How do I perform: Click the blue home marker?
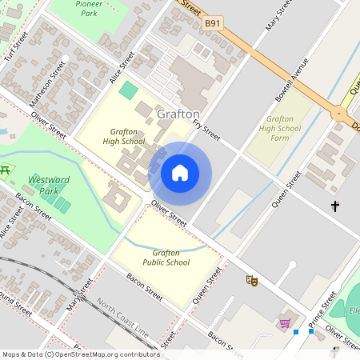click(180, 173)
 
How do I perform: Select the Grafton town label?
click(178, 114)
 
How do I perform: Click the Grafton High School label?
click(124, 136)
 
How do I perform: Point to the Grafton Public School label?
click(166, 257)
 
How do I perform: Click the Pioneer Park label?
click(88, 8)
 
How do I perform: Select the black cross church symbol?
click(335, 207)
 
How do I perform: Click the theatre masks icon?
click(251, 280)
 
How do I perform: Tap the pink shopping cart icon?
click(284, 323)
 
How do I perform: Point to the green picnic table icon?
click(6, 169)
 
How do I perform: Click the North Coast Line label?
click(122, 317)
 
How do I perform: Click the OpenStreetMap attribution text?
click(80, 354)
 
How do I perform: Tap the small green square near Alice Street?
click(128, 89)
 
